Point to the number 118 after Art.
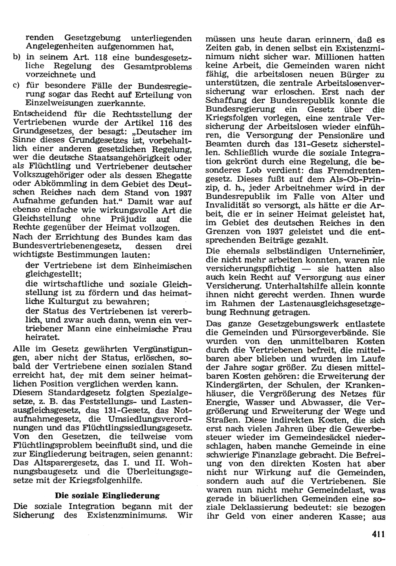coord(102,57)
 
